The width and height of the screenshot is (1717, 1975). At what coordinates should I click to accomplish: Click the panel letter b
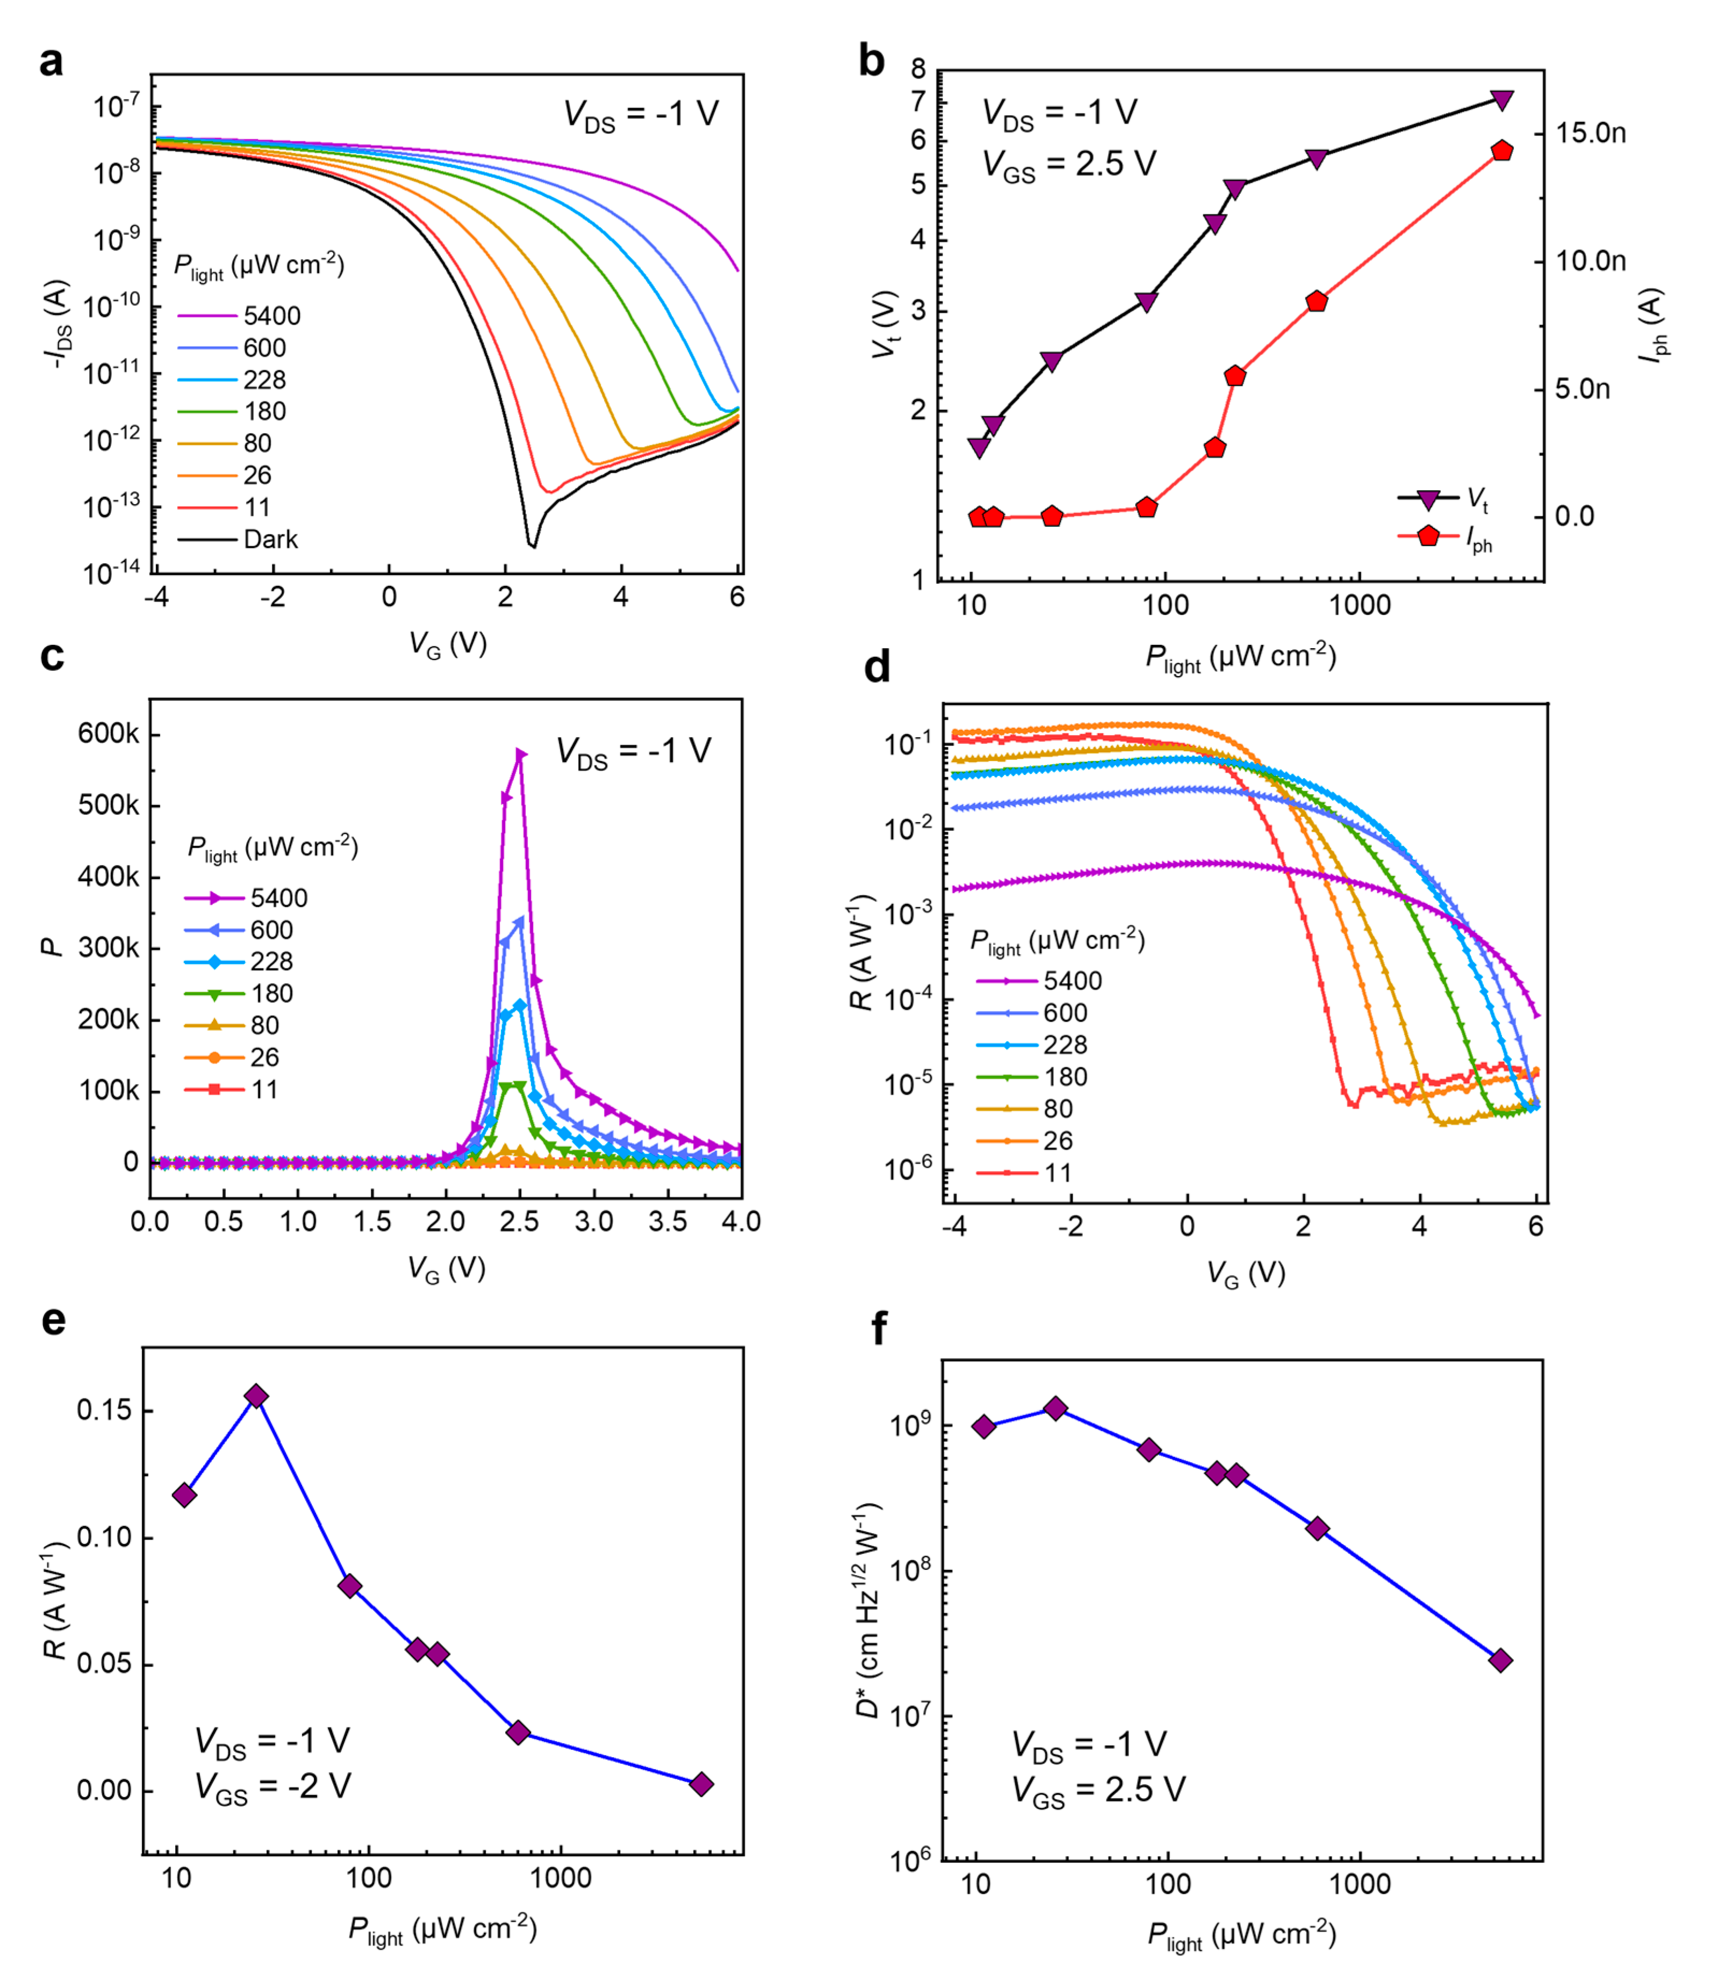pos(871,61)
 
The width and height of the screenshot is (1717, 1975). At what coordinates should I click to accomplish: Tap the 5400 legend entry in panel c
pos(278,898)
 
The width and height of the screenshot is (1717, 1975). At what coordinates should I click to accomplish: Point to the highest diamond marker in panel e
pos(256,1396)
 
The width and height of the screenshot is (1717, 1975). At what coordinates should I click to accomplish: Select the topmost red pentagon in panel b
pos(1502,150)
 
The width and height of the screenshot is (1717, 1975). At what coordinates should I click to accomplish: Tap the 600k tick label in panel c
pos(107,734)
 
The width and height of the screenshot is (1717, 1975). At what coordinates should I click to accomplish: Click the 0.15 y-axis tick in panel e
pos(104,1412)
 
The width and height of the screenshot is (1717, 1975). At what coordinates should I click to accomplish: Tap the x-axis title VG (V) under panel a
pos(448,643)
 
